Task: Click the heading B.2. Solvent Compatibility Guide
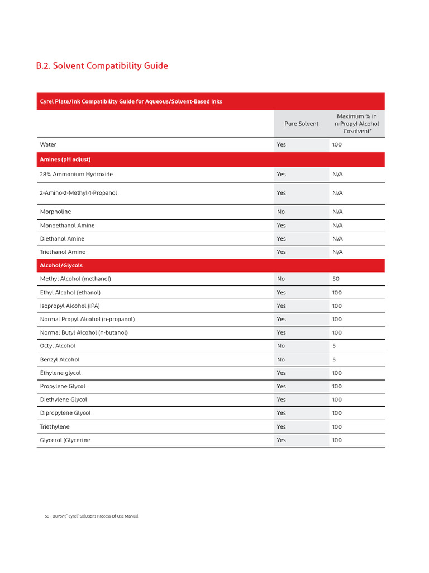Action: click(x=102, y=66)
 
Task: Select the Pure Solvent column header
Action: click(x=302, y=124)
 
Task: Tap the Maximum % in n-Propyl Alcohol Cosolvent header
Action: click(x=357, y=124)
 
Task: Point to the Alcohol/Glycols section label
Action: click(x=61, y=265)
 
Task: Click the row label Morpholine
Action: click(x=55, y=212)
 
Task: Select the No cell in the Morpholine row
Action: click(x=280, y=212)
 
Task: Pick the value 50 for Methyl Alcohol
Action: click(x=336, y=279)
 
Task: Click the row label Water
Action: click(x=48, y=144)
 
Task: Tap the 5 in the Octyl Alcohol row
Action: click(x=334, y=346)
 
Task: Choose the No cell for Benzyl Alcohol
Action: click(x=280, y=359)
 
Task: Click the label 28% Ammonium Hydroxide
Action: click(x=76, y=174)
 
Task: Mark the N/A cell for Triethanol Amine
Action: click(x=337, y=252)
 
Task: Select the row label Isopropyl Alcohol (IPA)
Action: click(x=70, y=306)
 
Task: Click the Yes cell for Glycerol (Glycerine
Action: click(x=281, y=440)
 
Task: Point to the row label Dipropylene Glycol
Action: click(x=65, y=413)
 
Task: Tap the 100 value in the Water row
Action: click(x=337, y=144)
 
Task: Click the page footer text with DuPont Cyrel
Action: click(x=91, y=516)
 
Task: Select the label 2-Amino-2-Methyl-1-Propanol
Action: click(x=78, y=192)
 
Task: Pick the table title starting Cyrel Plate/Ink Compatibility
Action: click(x=131, y=101)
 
